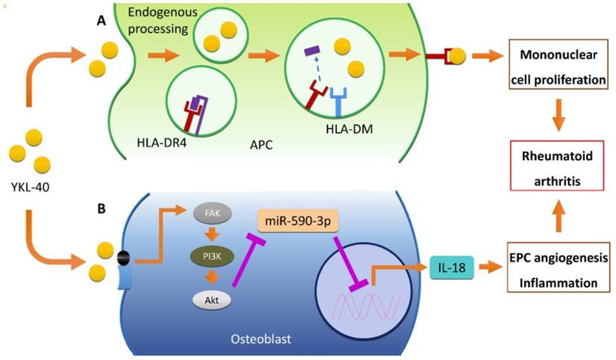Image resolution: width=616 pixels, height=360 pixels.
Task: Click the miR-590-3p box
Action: click(x=299, y=220)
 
